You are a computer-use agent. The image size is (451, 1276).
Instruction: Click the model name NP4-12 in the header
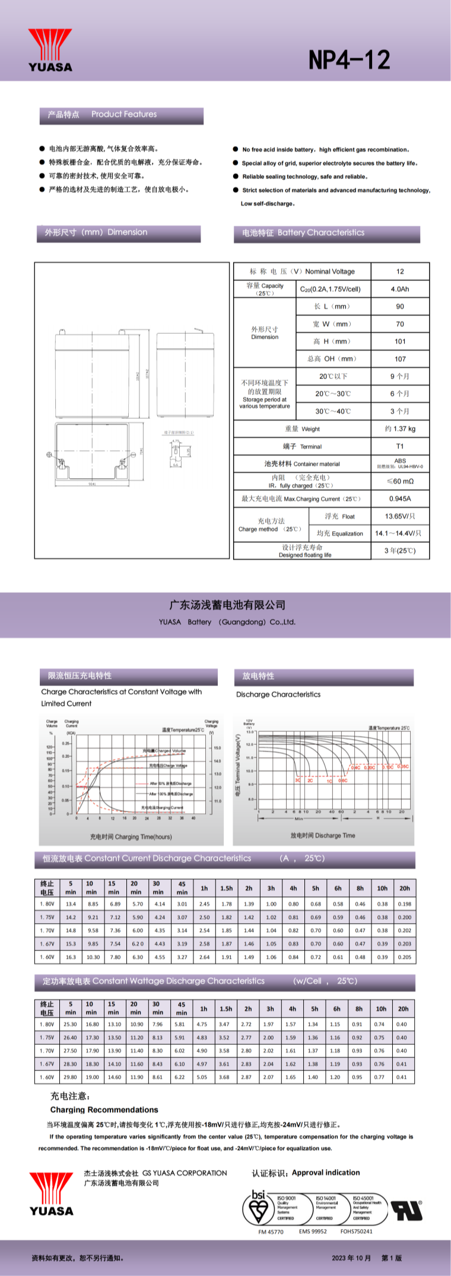pyautogui.click(x=349, y=60)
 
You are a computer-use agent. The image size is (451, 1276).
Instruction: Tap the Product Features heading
pyautogui.click(x=124, y=114)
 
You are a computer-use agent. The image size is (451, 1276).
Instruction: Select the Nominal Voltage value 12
pyautogui.click(x=400, y=271)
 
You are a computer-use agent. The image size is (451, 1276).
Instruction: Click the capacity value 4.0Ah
pyautogui.click(x=400, y=289)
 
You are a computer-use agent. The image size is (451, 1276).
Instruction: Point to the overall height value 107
pyautogui.click(x=400, y=359)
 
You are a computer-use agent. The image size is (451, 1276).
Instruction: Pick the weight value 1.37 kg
pyautogui.click(x=400, y=429)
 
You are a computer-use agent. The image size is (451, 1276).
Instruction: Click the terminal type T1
pyautogui.click(x=400, y=446)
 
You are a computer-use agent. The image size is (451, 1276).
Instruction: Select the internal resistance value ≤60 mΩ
pyautogui.click(x=400, y=481)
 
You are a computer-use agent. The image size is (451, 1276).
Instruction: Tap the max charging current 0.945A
pyautogui.click(x=400, y=499)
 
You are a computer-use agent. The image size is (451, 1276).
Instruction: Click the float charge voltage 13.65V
pyautogui.click(x=400, y=516)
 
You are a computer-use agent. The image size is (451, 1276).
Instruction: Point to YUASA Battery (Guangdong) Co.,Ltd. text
pyautogui.click(x=227, y=622)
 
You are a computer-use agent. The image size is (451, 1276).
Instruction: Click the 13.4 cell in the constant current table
pyautogui.click(x=71, y=904)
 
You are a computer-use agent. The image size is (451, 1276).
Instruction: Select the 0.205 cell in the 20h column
pyautogui.click(x=405, y=957)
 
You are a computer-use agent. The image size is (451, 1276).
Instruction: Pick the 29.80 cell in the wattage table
pyautogui.click(x=70, y=1077)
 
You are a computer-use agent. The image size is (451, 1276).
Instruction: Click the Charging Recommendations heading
pyautogui.click(x=104, y=1110)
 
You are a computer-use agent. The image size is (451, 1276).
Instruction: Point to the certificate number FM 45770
pyautogui.click(x=271, y=1231)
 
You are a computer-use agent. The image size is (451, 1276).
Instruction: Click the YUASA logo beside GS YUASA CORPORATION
pyautogui.click(x=52, y=1193)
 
